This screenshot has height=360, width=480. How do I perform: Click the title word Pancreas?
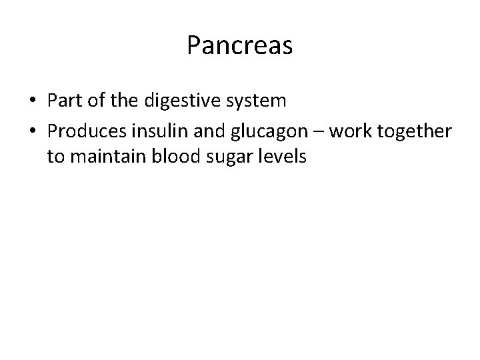240,45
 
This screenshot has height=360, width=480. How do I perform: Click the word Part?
63,101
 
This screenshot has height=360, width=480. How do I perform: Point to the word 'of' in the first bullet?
93,101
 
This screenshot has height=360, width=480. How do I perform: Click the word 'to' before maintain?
56,158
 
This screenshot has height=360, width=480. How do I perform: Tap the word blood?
172,157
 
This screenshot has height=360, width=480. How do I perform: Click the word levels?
279,157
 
